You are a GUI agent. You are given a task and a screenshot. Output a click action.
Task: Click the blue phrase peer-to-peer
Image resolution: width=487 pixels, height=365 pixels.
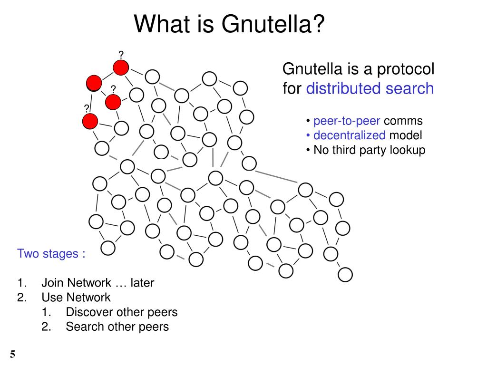[347, 121]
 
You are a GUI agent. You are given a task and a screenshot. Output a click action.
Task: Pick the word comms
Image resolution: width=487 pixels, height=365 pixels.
[403, 121]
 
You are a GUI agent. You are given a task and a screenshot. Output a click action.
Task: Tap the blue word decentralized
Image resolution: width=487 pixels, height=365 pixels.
[350, 135]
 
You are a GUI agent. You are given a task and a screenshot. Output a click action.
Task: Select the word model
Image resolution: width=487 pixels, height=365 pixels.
[406, 135]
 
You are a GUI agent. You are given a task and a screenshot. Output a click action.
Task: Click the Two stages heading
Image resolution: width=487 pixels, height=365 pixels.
[51, 253]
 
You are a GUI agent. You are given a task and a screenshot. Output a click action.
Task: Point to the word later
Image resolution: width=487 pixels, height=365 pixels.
[142, 283]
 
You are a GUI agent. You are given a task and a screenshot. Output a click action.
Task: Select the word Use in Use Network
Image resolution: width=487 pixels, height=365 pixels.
[51, 298]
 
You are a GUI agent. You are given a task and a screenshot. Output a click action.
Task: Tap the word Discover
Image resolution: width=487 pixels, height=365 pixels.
[88, 312]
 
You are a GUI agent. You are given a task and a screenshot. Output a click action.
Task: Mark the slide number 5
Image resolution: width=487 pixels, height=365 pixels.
[12, 354]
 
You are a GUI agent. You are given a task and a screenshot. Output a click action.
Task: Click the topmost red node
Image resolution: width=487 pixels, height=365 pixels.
[121, 67]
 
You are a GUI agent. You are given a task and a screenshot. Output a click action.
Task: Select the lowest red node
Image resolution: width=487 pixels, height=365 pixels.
[89, 121]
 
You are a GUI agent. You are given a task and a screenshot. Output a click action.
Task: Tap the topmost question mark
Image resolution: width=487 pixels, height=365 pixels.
[121, 54]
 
